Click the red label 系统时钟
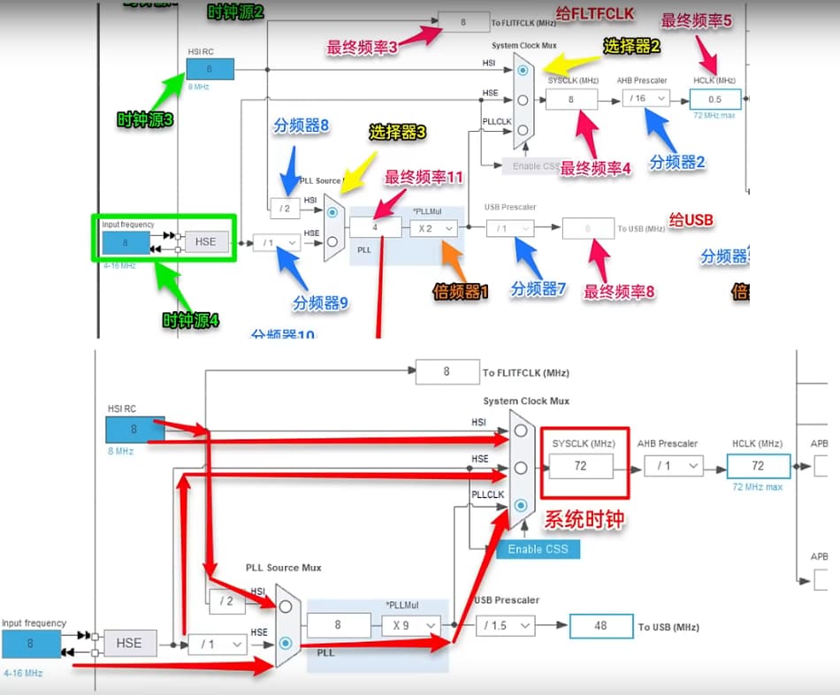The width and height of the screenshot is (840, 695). tap(584, 519)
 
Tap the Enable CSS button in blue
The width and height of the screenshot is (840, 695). tap(538, 549)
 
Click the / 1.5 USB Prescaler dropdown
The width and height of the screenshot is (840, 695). tap(506, 626)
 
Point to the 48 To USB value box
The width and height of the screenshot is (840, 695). tap(600, 626)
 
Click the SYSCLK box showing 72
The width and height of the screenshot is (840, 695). tap(581, 466)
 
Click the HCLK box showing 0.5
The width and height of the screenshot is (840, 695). tap(714, 99)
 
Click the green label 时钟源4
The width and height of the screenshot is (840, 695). tap(189, 321)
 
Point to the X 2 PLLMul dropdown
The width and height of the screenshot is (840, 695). tap(433, 228)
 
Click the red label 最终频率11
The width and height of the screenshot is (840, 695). tap(424, 178)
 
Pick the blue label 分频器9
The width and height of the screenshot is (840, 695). tap(320, 303)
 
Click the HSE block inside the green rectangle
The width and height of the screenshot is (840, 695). tap(205, 241)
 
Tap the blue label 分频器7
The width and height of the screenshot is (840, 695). tap(538, 288)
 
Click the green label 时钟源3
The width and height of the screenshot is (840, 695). tap(145, 119)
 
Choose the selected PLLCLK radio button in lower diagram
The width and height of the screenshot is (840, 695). tap(522, 505)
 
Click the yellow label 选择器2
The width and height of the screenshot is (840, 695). tap(632, 46)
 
